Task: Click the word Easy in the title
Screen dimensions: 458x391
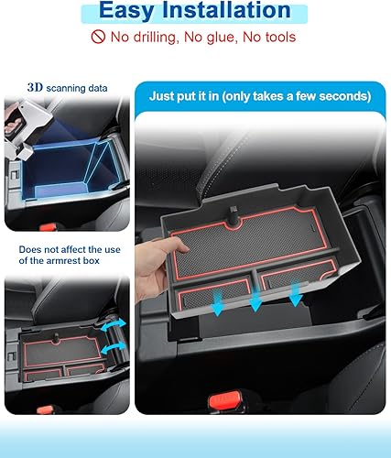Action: pyautogui.click(x=133, y=11)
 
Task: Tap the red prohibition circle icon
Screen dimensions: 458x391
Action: pyautogui.click(x=98, y=38)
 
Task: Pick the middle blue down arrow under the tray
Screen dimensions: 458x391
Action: pyautogui.click(x=257, y=301)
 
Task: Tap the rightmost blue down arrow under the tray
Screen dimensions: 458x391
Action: pyautogui.click(x=296, y=294)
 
